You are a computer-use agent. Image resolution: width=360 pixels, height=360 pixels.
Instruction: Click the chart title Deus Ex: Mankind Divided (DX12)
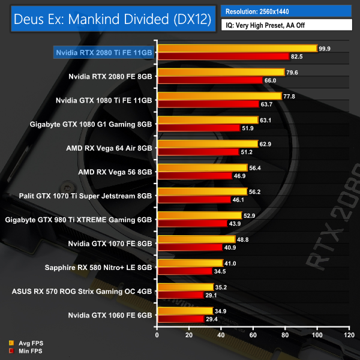click(112, 20)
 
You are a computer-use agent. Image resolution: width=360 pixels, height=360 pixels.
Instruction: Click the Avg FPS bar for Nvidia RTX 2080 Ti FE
click(237, 48)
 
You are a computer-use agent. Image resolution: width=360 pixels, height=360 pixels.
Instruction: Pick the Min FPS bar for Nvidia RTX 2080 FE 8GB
click(209, 80)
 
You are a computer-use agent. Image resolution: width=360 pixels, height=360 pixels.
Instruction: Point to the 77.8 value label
click(292, 96)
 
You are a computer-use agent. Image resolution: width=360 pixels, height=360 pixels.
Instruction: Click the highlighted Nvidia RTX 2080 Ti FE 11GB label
click(103, 52)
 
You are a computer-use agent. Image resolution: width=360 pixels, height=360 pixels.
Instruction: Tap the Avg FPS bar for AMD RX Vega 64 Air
click(207, 144)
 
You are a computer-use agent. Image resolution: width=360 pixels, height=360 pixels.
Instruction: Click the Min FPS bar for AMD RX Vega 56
click(194, 176)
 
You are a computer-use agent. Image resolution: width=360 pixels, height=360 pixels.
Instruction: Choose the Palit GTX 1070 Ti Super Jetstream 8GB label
click(88, 196)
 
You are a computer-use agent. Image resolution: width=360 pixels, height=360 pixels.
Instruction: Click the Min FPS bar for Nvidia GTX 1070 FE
click(190, 247)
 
